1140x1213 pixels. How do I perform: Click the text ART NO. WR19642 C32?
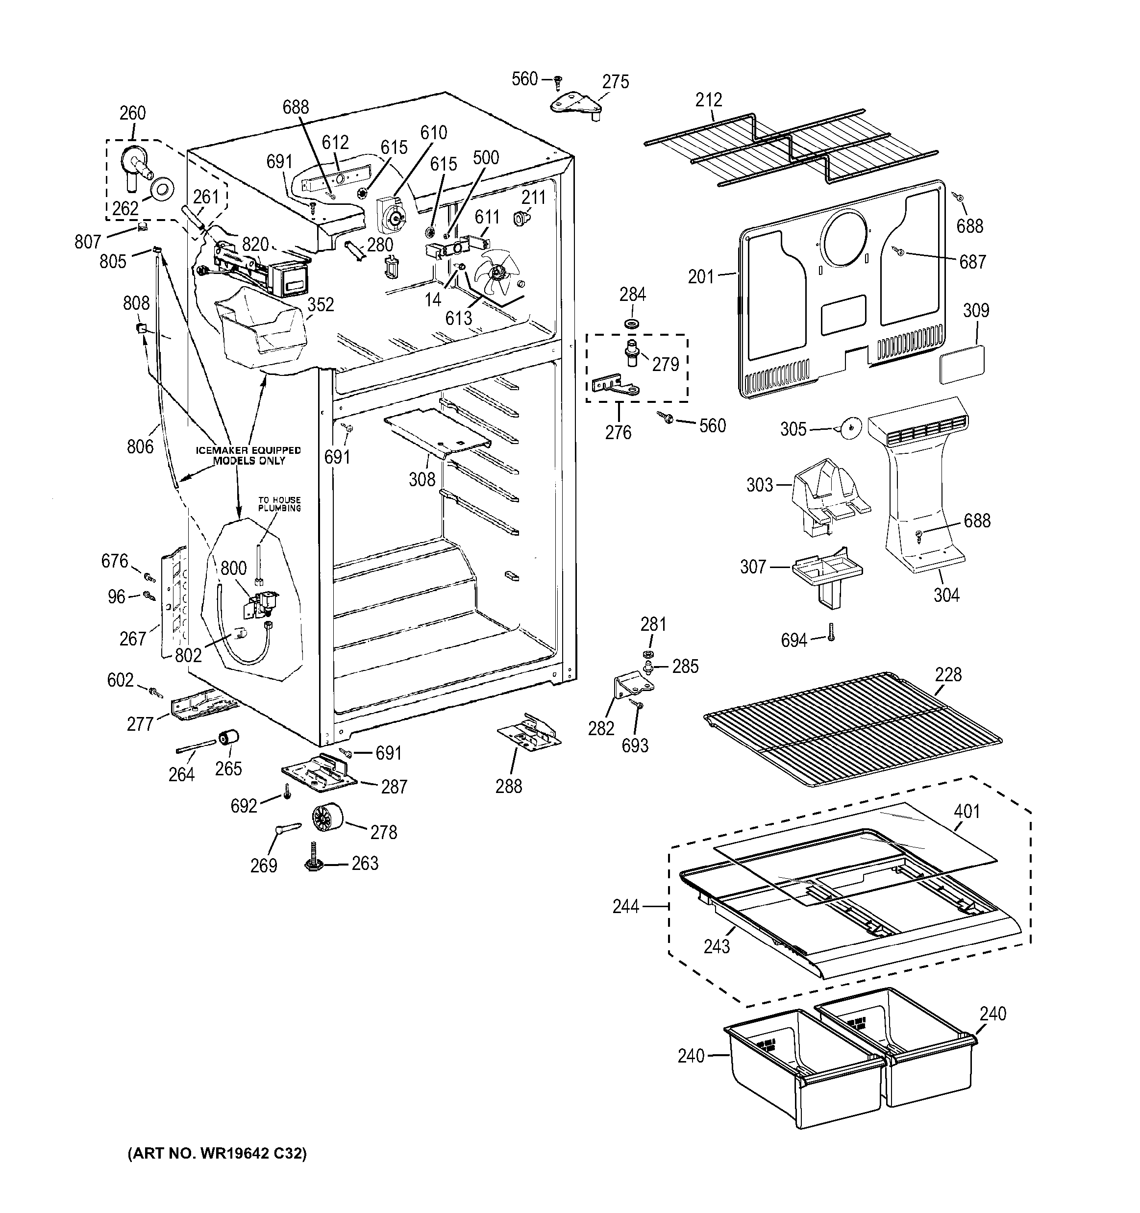click(217, 1153)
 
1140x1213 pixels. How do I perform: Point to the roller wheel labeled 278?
click(326, 817)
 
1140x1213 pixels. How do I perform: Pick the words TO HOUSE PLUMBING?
click(279, 503)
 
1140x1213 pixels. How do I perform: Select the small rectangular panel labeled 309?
click(962, 363)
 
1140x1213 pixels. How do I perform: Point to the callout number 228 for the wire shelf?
click(948, 674)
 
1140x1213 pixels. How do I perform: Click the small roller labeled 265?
click(228, 738)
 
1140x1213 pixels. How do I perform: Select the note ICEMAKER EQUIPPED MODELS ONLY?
click(248, 455)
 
